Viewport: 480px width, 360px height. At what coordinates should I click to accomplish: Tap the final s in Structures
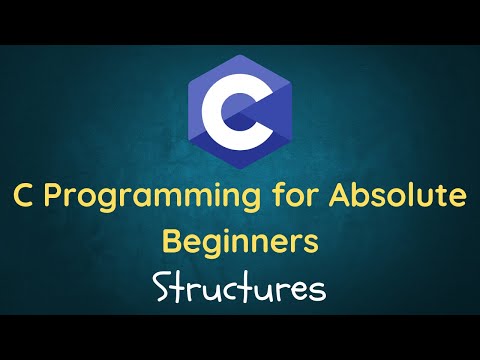click(317, 290)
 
